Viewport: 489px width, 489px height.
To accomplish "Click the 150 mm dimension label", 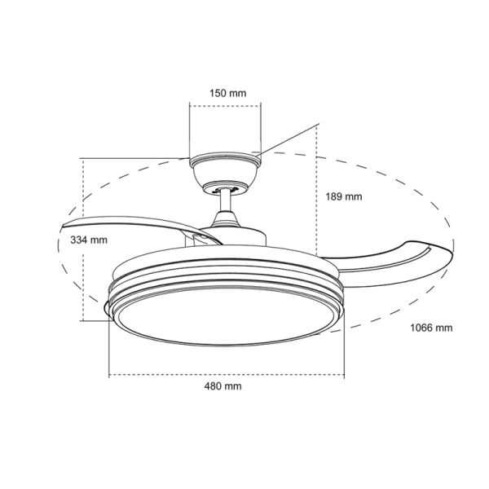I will coord(227,94).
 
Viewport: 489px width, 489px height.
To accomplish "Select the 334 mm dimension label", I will coord(89,240).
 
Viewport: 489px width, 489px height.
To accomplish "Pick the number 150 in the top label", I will coord(219,94).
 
